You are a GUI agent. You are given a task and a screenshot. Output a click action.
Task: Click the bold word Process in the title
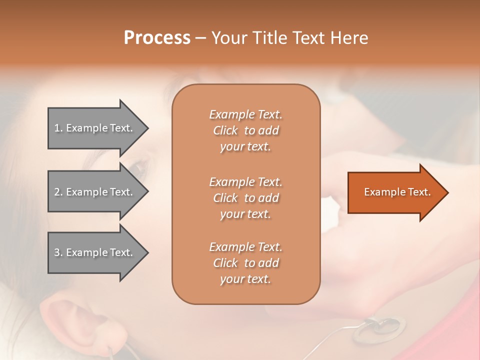[x=157, y=38]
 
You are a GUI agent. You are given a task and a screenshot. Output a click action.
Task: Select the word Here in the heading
[x=349, y=38]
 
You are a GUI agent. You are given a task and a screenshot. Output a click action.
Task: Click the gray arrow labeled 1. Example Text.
[x=95, y=128]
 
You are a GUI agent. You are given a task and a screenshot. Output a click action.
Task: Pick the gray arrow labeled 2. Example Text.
[x=95, y=192]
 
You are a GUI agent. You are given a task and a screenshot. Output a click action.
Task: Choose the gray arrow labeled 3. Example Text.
[x=95, y=252]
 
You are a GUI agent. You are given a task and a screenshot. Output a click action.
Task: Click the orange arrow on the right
[x=395, y=192]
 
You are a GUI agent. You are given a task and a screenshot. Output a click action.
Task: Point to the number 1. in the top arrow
[x=58, y=128]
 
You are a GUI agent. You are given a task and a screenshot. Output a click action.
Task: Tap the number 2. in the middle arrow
[x=58, y=192]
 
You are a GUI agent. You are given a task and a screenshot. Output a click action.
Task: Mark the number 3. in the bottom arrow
[x=58, y=252]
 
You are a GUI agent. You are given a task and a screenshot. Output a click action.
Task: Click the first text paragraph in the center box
[x=245, y=130]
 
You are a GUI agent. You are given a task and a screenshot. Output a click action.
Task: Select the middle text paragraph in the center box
[x=245, y=198]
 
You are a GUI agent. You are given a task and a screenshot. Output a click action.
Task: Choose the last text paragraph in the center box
[x=245, y=263]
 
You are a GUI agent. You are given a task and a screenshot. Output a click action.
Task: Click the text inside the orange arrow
[x=397, y=192]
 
